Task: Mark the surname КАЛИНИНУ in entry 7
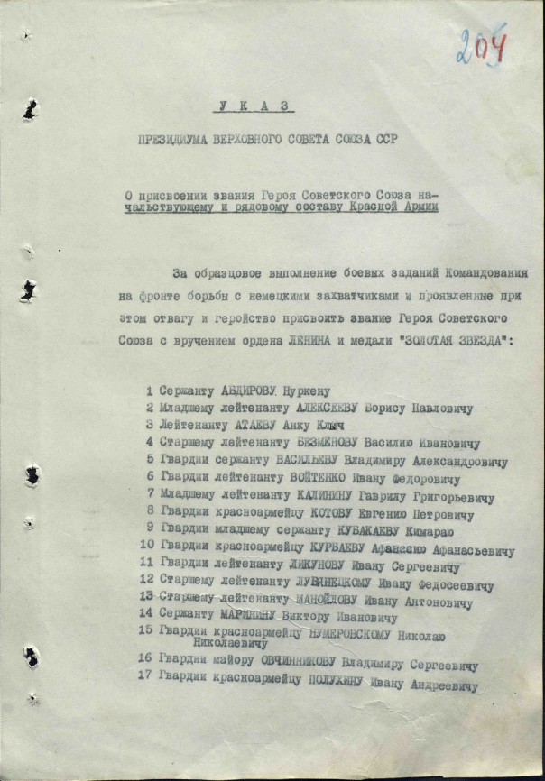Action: pyautogui.click(x=326, y=495)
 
